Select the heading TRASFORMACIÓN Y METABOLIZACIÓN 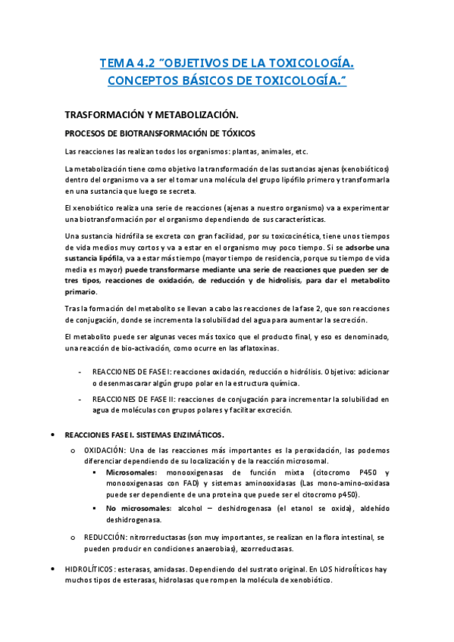tap(152, 114)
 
